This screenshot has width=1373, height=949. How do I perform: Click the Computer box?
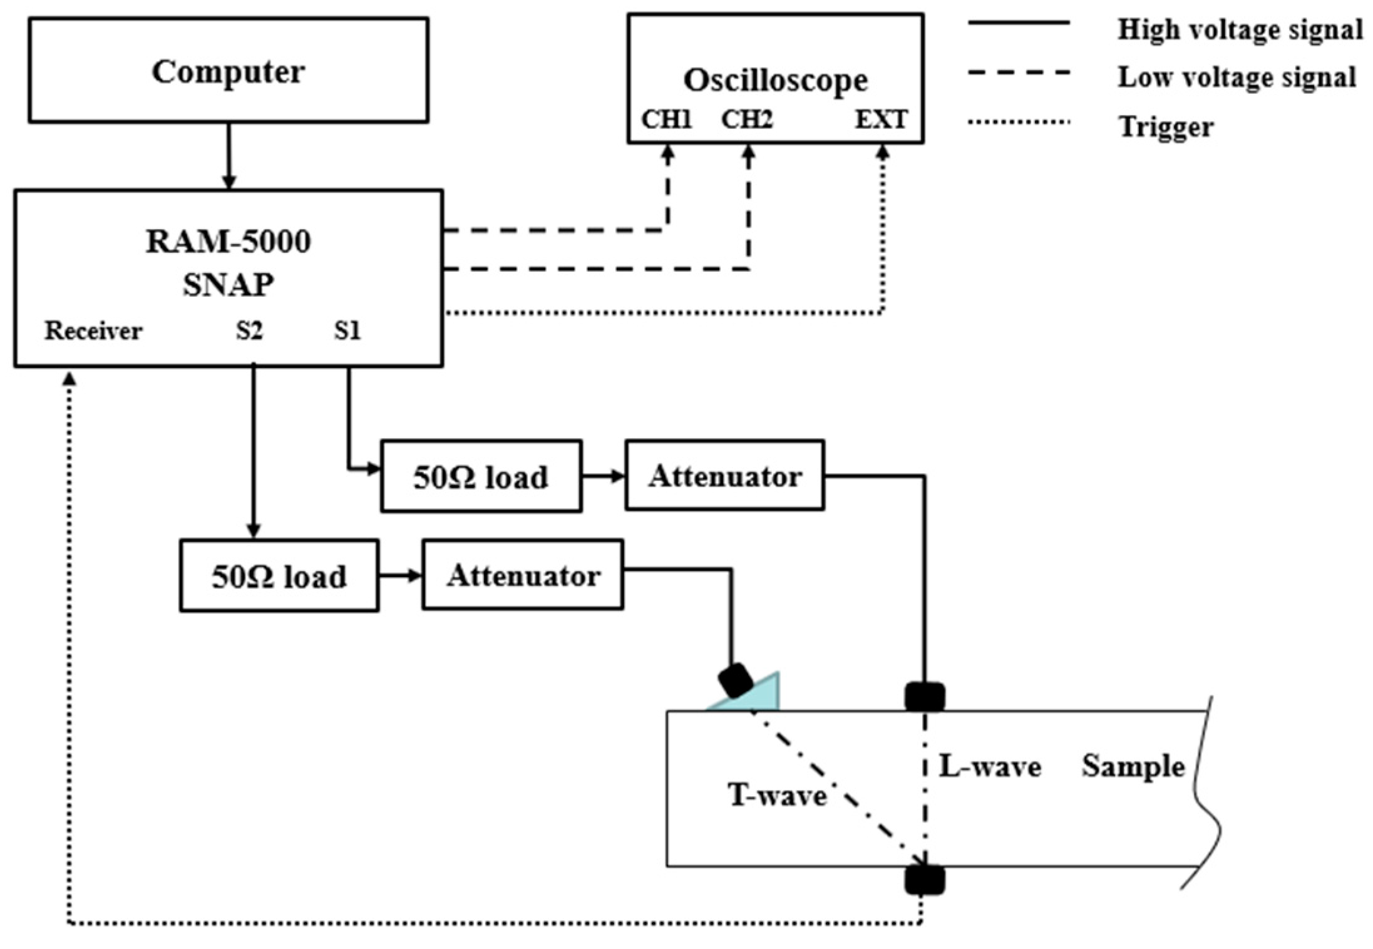point(228,70)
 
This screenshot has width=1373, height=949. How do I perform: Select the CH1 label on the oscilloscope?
point(666,119)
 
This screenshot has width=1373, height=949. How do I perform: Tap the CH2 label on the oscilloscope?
point(747,119)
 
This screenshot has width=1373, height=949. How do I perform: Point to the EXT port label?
point(881,119)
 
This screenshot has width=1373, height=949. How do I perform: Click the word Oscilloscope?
point(775,80)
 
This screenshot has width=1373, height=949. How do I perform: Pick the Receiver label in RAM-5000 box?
point(93,331)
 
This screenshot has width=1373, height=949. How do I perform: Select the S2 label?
point(249,331)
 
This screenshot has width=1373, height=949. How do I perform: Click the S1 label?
point(347,331)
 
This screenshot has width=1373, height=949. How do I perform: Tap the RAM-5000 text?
point(228,242)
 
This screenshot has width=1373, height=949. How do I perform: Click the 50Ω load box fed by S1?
point(481,476)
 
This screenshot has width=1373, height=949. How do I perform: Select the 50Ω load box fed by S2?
point(279,576)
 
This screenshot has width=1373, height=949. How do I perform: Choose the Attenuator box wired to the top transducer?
point(724,476)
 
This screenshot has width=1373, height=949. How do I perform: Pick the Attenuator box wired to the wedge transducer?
point(523,575)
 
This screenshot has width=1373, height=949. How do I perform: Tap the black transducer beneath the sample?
point(924,880)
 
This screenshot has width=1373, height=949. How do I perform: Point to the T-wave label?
point(776,796)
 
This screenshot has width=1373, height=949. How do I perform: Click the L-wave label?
point(990,766)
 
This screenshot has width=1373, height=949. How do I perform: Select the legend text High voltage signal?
point(1240,29)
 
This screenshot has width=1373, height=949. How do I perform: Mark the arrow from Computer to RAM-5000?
point(229,156)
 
